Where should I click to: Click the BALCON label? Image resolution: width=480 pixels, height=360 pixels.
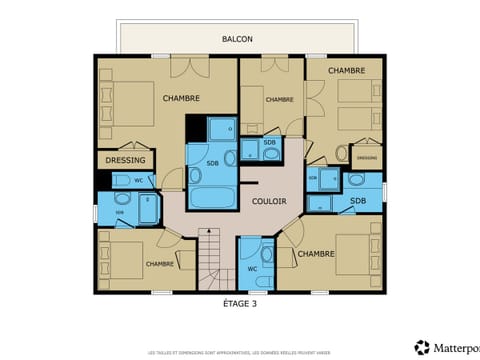click(237, 39)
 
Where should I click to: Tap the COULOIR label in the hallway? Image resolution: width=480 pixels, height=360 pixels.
click(241, 201)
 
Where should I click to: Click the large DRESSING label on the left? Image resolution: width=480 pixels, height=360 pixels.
click(126, 160)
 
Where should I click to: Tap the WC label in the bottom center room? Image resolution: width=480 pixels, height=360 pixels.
click(252, 268)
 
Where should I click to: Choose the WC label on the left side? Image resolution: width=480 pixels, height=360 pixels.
click(138, 181)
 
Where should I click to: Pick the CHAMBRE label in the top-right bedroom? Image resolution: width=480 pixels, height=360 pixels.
click(345, 70)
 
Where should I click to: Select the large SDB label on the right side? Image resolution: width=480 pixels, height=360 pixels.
click(358, 202)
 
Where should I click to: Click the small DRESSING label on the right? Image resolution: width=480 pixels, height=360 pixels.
click(367, 157)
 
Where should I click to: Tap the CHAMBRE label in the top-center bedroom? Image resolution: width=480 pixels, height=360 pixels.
click(280, 99)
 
